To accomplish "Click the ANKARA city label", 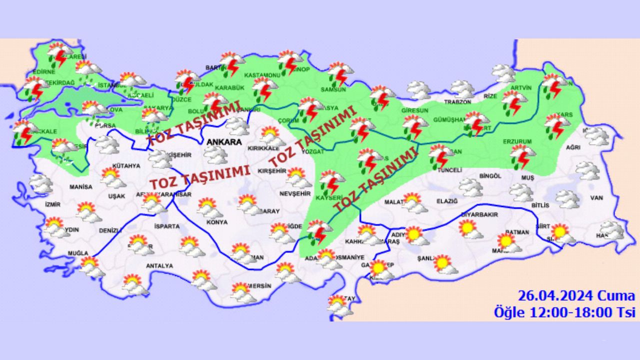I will point(223,142).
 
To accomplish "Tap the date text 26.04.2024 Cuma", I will point(576,295).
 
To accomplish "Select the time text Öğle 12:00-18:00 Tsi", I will point(564,312).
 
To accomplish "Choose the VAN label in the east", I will point(596,198).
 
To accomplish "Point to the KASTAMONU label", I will point(261,75).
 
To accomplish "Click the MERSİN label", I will point(259,286).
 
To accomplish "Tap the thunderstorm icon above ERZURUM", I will point(522,156).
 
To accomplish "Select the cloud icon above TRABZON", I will point(462,89).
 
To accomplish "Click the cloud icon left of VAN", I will point(567,199).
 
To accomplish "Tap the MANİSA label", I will point(81,187).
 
